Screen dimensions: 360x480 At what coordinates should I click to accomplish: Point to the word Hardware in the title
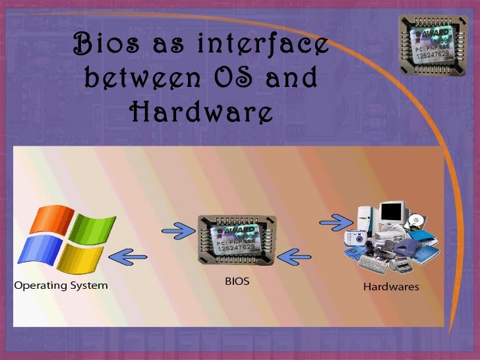tap(201, 112)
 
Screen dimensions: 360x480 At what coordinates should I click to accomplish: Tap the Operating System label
tap(61, 286)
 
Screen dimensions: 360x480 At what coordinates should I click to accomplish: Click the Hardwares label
tap(391, 287)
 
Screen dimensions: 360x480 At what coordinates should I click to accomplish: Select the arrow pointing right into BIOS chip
tap(177, 230)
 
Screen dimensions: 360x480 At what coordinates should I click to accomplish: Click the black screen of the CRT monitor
tap(390, 212)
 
